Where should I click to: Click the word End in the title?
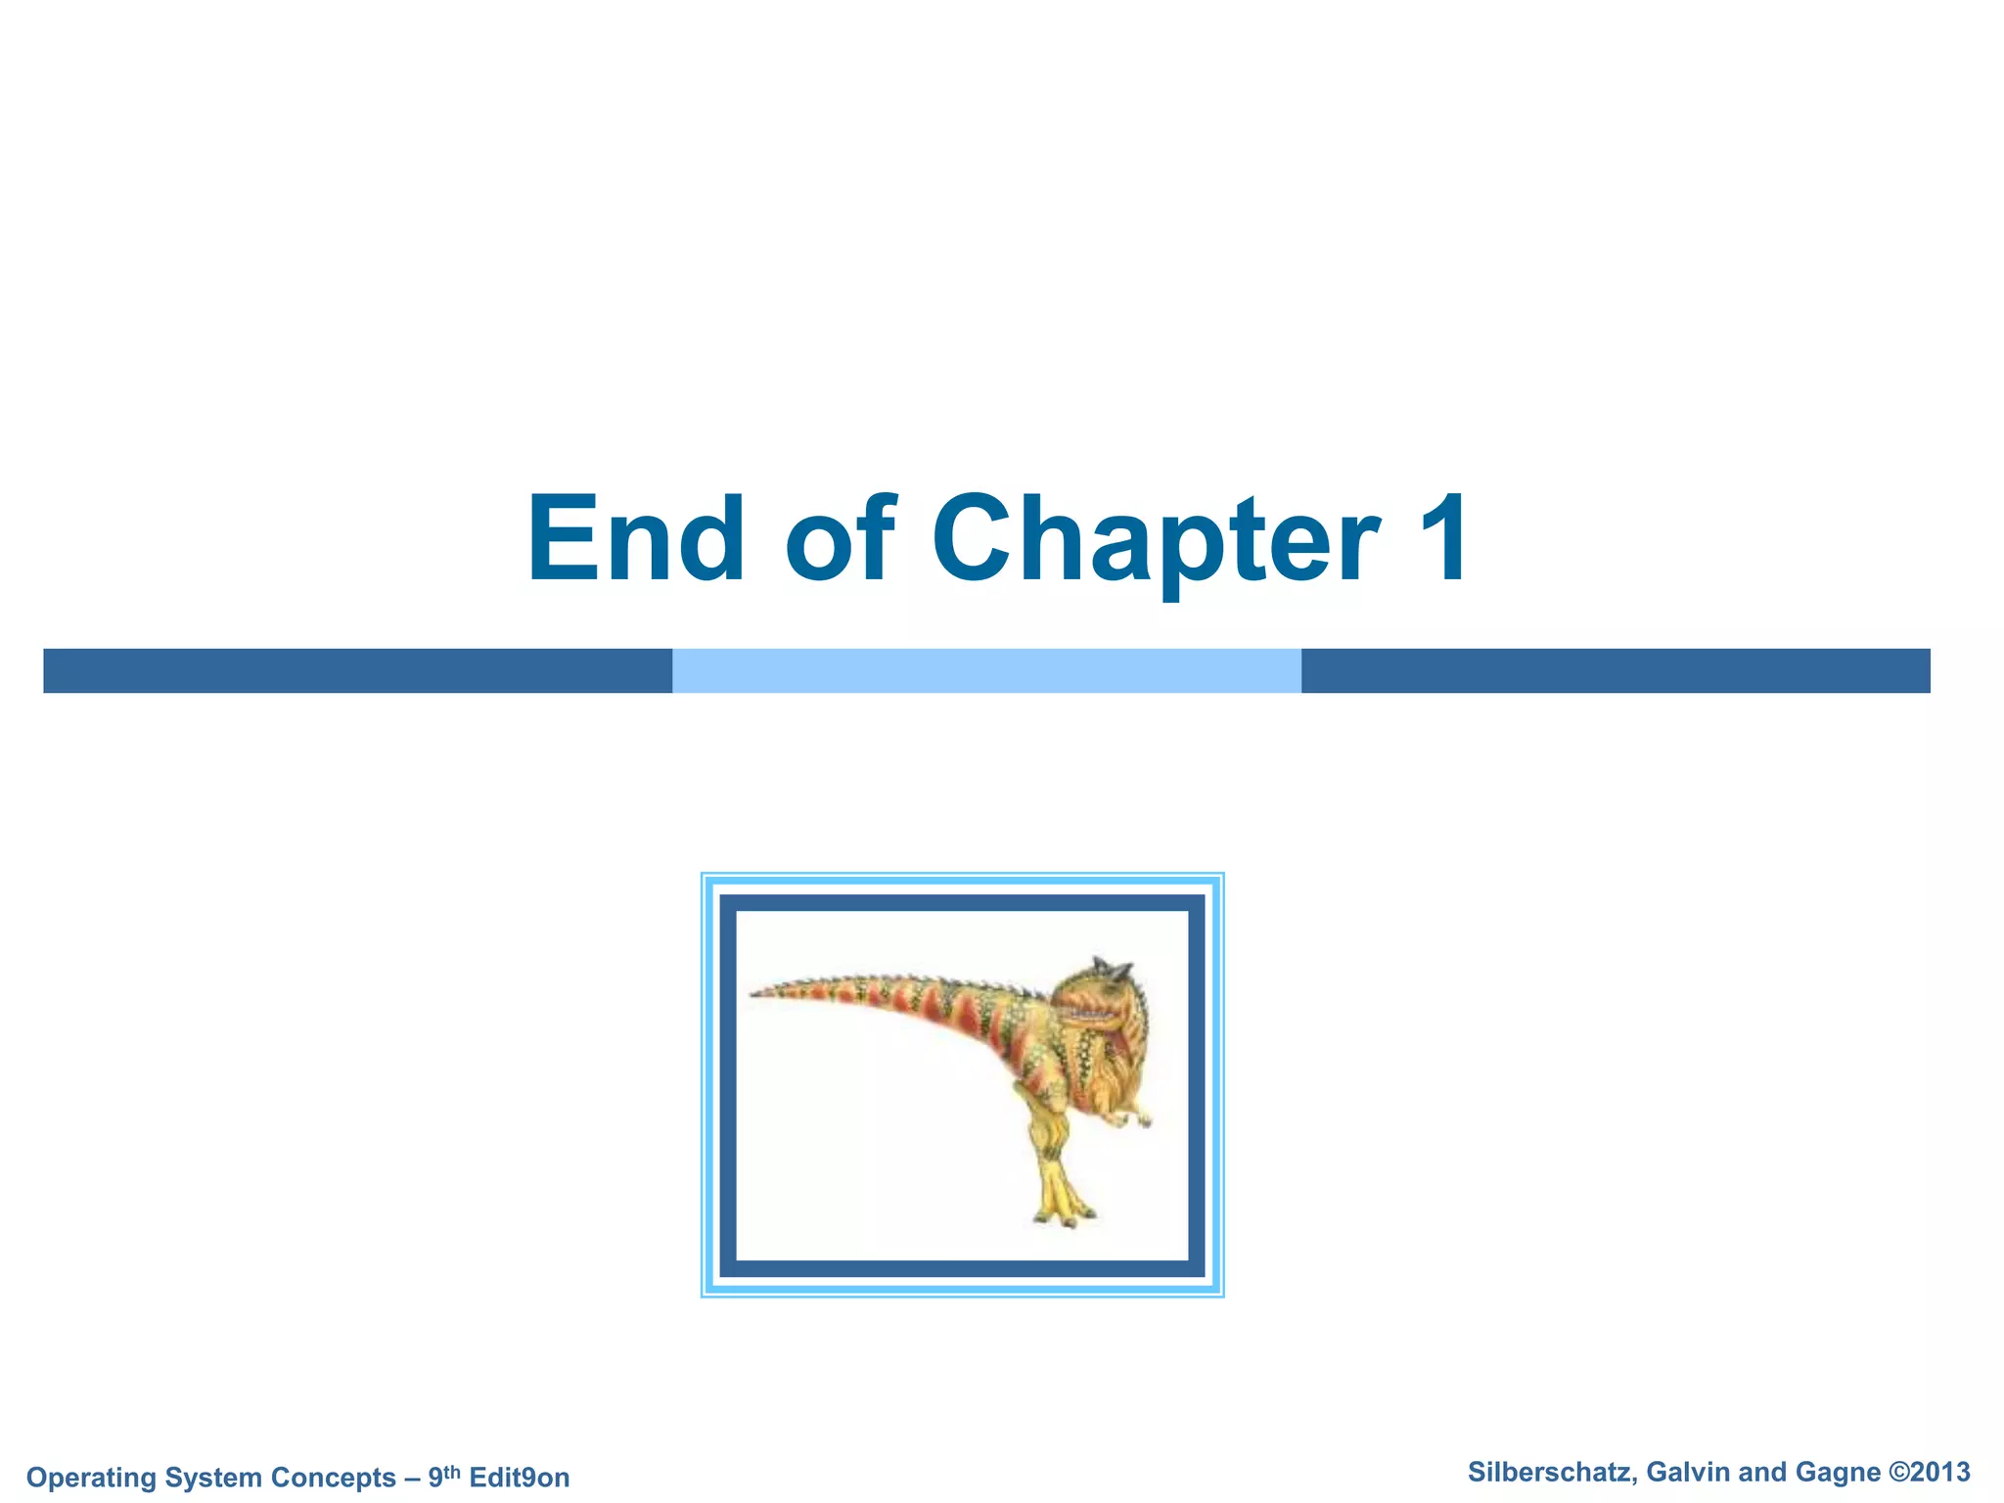(636, 540)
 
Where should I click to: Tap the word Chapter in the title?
(1156, 540)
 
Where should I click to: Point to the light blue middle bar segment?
(986, 670)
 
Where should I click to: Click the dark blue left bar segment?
(357, 670)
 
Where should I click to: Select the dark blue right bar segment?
(1615, 670)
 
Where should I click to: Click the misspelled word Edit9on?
(519, 1478)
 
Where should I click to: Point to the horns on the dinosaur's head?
(1114, 968)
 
